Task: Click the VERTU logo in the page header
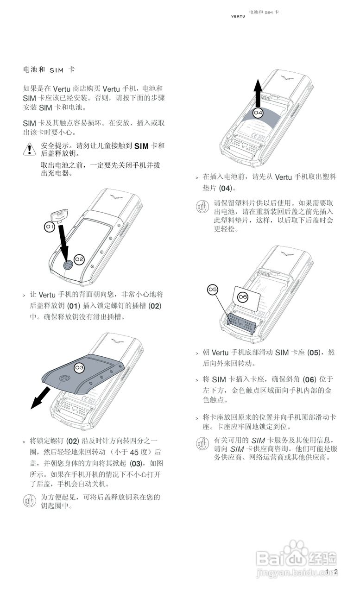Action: pyautogui.click(x=238, y=17)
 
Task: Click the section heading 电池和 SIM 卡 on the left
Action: pyautogui.click(x=49, y=69)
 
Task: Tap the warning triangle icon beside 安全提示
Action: pyautogui.click(x=29, y=149)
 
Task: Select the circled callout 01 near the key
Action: pyautogui.click(x=50, y=227)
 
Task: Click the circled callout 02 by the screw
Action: pyautogui.click(x=79, y=259)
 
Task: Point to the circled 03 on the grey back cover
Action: pyautogui.click(x=79, y=367)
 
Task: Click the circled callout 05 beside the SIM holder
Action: pyautogui.click(x=212, y=290)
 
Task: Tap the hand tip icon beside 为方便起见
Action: pyautogui.click(x=29, y=501)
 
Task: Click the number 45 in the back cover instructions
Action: pyautogui.click(x=135, y=452)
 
